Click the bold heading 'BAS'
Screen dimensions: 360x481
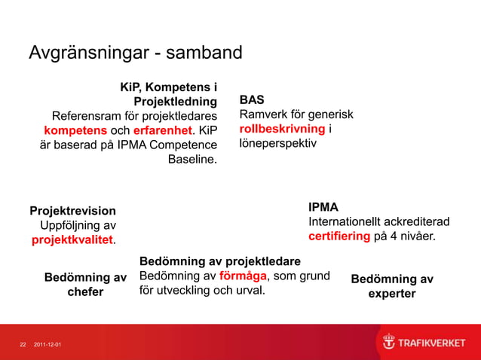pyautogui.click(x=251, y=99)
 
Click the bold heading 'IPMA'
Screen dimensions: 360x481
pyautogui.click(x=323, y=207)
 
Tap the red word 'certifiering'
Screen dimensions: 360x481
pyautogui.click(x=339, y=236)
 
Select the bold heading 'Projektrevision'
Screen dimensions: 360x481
pyautogui.click(x=72, y=211)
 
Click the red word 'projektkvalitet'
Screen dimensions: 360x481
pyautogui.click(x=72, y=240)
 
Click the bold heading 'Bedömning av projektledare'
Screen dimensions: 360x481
pyautogui.click(x=220, y=261)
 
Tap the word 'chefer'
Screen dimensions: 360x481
pyautogui.click(x=85, y=292)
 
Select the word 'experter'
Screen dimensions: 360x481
pyautogui.click(x=391, y=294)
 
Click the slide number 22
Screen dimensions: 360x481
pyautogui.click(x=23, y=345)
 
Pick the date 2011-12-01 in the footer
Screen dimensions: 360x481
pyautogui.click(x=48, y=345)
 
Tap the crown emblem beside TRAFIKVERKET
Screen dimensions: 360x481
pyautogui.click(x=388, y=343)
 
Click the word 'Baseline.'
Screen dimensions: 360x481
pyautogui.click(x=191, y=159)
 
